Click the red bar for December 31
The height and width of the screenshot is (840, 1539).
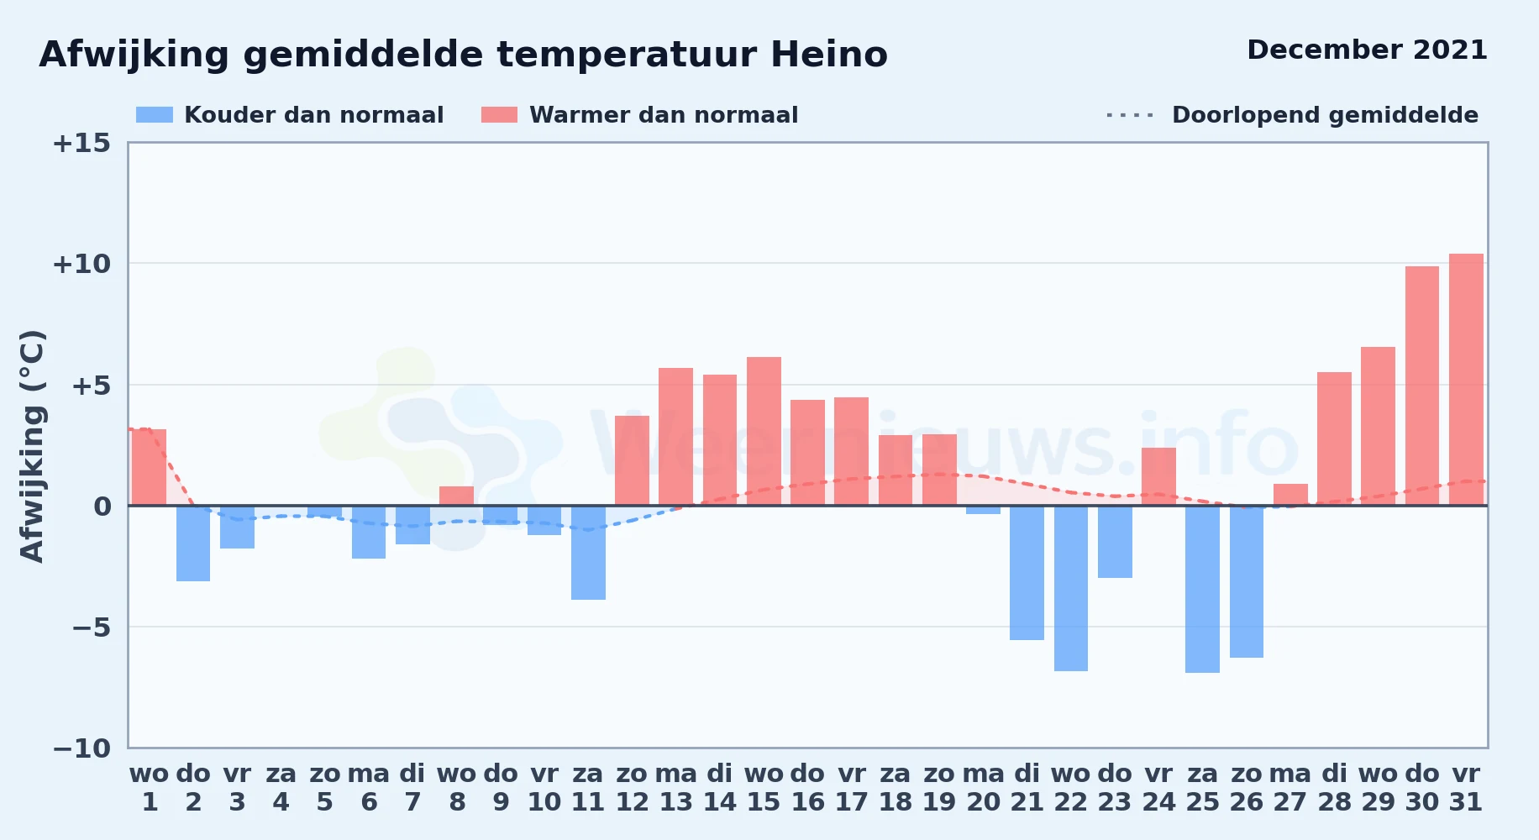point(1466,380)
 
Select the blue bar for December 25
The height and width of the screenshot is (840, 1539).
point(1202,589)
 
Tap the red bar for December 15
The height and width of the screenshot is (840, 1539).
point(764,432)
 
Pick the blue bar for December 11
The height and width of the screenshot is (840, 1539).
point(588,553)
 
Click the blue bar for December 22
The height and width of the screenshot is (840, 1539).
point(1071,588)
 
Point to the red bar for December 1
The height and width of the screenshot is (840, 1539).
point(150,467)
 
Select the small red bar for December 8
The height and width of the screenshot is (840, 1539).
point(456,496)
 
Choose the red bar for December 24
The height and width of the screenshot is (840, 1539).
point(1158,476)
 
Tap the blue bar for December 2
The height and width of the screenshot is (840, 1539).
point(193,543)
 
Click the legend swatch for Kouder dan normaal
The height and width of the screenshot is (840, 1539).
point(155,115)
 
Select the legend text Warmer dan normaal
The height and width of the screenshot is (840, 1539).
point(664,115)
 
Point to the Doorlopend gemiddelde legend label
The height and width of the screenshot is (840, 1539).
point(1325,115)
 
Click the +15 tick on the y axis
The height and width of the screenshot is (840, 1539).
point(81,143)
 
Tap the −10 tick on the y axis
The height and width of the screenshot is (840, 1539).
point(81,748)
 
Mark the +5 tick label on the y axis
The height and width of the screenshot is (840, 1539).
point(91,386)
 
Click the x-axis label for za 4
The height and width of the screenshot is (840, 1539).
point(281,788)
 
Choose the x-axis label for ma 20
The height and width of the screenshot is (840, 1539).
point(983,788)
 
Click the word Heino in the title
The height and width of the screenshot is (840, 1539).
point(829,55)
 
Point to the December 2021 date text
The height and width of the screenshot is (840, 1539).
point(1367,50)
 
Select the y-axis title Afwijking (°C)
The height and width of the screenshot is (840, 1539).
point(32,445)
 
